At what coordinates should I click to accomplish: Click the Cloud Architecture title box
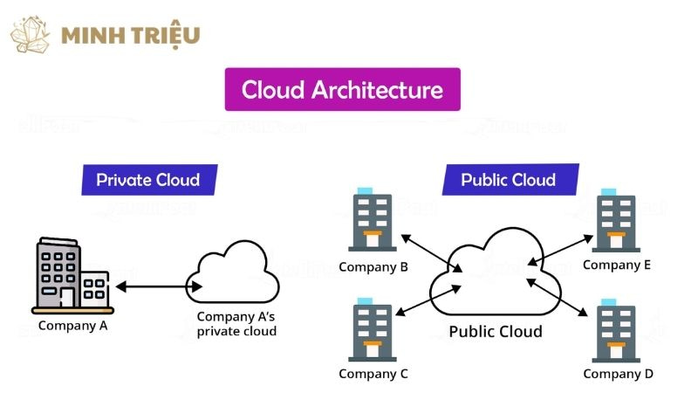(x=342, y=90)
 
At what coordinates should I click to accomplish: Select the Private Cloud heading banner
(x=148, y=181)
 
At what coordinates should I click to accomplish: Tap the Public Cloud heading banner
(x=508, y=181)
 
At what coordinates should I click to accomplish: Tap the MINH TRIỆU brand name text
(x=131, y=36)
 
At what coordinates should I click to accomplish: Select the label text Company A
(x=73, y=327)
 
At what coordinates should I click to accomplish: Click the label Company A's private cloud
(x=236, y=324)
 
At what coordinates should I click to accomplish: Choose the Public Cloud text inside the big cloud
(x=495, y=332)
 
